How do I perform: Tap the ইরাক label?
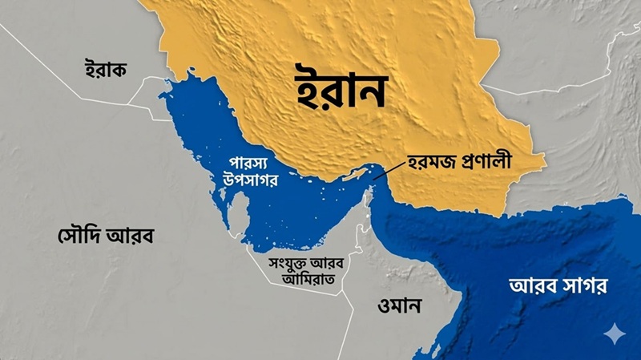point(106,70)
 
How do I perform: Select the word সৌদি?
point(80,237)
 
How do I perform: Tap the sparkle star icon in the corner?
point(614,333)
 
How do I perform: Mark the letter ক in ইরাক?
point(121,70)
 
